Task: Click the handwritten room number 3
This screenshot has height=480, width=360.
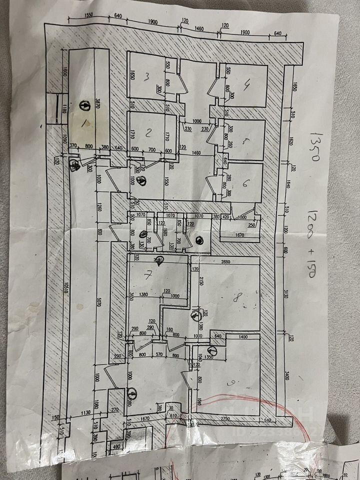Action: pos(147,77)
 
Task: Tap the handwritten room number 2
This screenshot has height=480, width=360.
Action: pos(148,132)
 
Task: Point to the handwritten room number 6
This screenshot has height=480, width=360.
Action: pos(245,183)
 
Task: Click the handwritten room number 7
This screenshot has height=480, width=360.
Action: pos(147,274)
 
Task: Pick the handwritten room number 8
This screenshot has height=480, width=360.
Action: pos(238,298)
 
